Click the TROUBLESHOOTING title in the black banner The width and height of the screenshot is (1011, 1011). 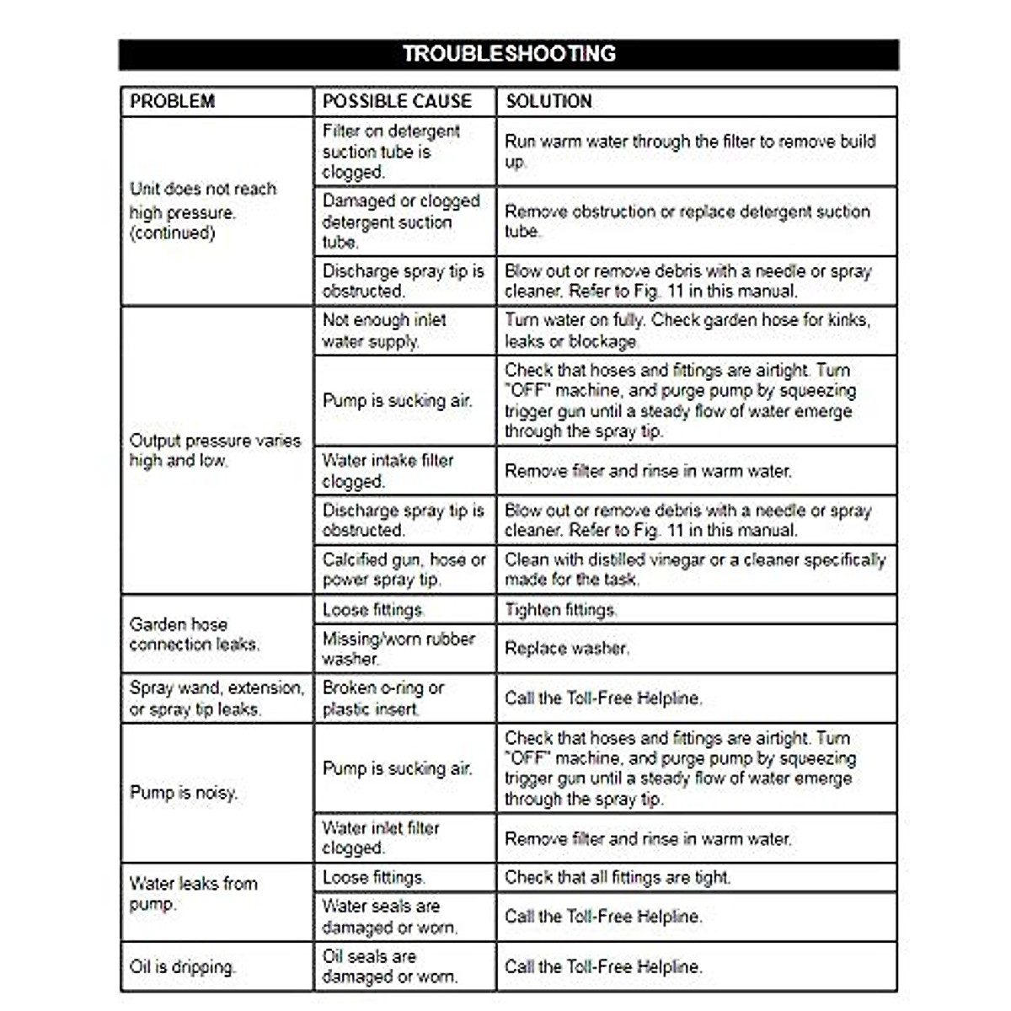pyautogui.click(x=509, y=54)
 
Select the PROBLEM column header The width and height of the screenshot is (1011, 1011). pyautogui.click(x=173, y=101)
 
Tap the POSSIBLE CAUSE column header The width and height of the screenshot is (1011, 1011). pyautogui.click(x=397, y=101)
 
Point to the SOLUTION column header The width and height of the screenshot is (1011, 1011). pyautogui.click(x=548, y=101)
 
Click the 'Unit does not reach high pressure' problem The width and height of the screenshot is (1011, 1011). pyautogui.click(x=203, y=211)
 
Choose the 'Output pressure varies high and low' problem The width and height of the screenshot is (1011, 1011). pyautogui.click(x=215, y=451)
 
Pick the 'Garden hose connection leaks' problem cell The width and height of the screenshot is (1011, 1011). pyautogui.click(x=195, y=634)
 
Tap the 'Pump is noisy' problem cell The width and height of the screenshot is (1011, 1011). pyautogui.click(x=184, y=793)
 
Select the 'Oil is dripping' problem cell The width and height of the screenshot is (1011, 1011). pyautogui.click(x=183, y=966)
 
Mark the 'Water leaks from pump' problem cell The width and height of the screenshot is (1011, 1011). pyautogui.click(x=194, y=894)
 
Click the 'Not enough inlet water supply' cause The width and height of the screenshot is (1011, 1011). pyautogui.click(x=384, y=330)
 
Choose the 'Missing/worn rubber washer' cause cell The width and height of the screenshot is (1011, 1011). pyautogui.click(x=399, y=648)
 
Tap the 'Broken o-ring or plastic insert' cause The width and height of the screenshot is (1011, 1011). pyautogui.click(x=383, y=698)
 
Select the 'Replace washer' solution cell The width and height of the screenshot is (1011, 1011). pyautogui.click(x=566, y=649)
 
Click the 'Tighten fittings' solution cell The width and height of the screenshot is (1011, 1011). pyautogui.click(x=561, y=610)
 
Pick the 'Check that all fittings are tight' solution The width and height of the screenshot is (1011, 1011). pyautogui.click(x=618, y=877)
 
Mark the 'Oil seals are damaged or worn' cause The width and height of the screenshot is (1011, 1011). pyautogui.click(x=390, y=966)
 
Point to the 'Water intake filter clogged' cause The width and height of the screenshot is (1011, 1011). pyautogui.click(x=388, y=471)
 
